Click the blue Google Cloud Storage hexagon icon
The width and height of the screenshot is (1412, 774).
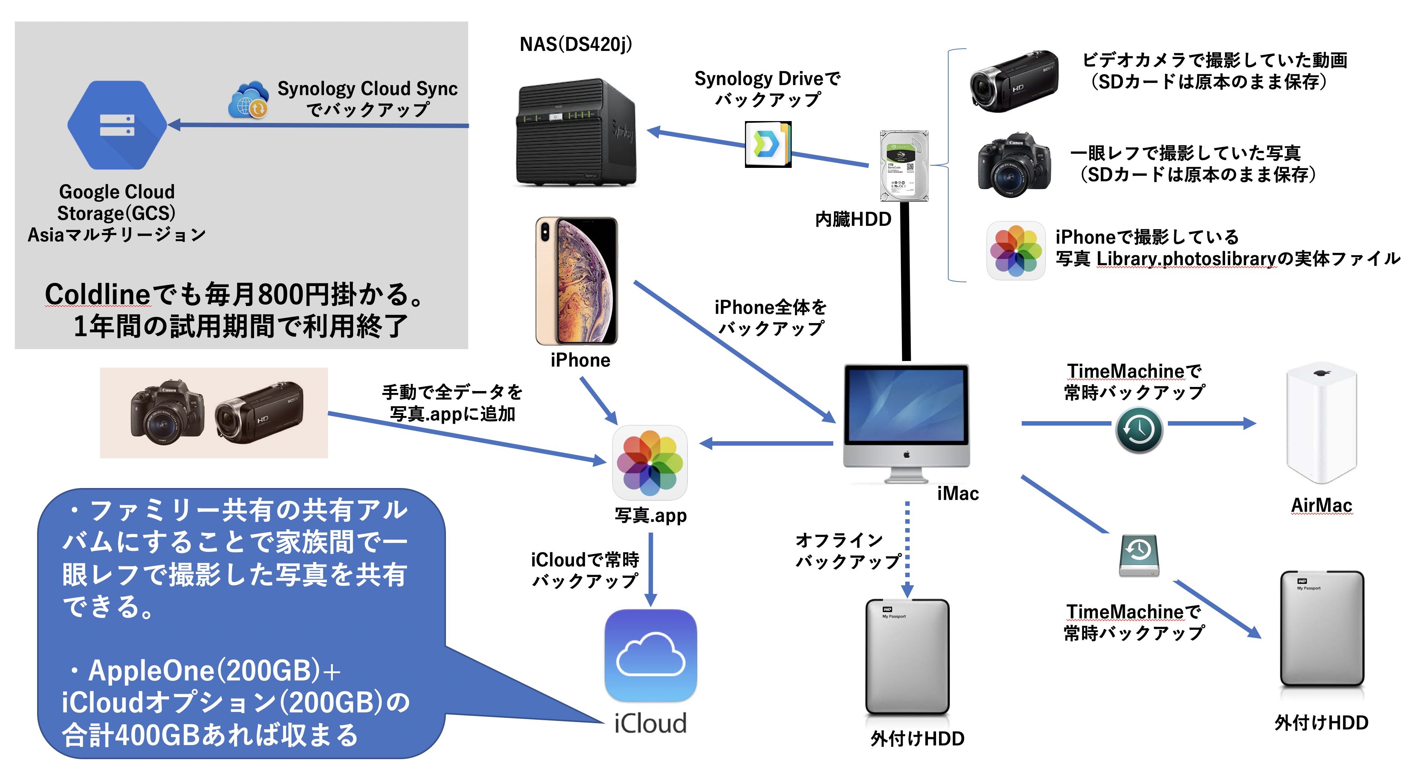pos(117,125)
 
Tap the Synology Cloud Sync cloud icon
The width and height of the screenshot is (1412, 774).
pos(248,100)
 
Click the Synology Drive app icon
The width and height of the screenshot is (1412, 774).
pos(767,144)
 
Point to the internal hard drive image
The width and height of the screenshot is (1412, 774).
pos(904,166)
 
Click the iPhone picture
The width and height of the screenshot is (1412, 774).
pos(576,280)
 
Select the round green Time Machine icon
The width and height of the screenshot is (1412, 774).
pos(1139,429)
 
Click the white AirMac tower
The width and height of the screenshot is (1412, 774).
pos(1321,422)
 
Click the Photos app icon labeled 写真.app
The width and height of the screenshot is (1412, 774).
pos(650,462)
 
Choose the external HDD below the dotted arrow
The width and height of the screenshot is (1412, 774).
pos(907,657)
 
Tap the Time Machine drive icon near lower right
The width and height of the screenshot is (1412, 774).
pos(1139,555)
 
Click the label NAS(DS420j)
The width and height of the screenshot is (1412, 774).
pos(575,44)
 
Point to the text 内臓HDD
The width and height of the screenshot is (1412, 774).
pos(853,219)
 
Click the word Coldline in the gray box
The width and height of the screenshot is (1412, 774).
pos(98,294)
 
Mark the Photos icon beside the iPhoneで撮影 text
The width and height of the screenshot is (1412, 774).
pos(1016,251)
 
